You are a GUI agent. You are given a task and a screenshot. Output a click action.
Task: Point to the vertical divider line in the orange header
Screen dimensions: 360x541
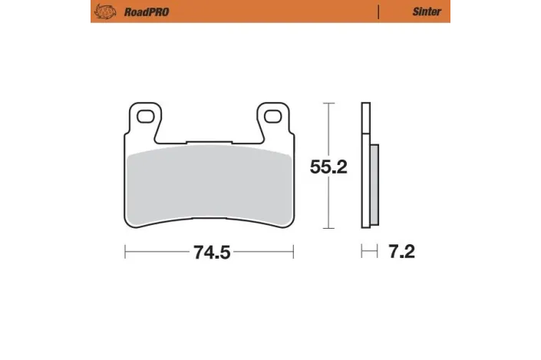click(378, 12)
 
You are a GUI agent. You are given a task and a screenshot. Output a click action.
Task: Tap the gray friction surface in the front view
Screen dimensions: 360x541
click(209, 184)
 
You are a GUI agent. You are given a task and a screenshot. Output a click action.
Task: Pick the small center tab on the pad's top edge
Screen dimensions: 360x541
click(209, 140)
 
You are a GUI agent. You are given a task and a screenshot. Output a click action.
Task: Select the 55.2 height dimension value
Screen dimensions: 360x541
click(328, 167)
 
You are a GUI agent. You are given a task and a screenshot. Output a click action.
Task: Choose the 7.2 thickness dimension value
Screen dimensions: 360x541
click(401, 252)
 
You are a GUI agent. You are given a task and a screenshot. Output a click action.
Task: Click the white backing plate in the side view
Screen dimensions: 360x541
click(365, 165)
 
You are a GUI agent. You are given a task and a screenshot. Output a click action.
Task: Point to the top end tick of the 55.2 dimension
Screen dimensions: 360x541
click(328, 103)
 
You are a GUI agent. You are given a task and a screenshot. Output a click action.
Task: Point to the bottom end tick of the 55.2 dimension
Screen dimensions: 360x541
click(328, 229)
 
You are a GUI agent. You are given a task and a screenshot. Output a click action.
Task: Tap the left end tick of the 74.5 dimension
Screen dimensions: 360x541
click(125, 252)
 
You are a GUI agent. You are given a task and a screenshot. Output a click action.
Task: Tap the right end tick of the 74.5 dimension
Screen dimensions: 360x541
click(293, 252)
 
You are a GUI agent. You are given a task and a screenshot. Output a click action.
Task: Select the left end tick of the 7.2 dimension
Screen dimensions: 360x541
click(362, 252)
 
